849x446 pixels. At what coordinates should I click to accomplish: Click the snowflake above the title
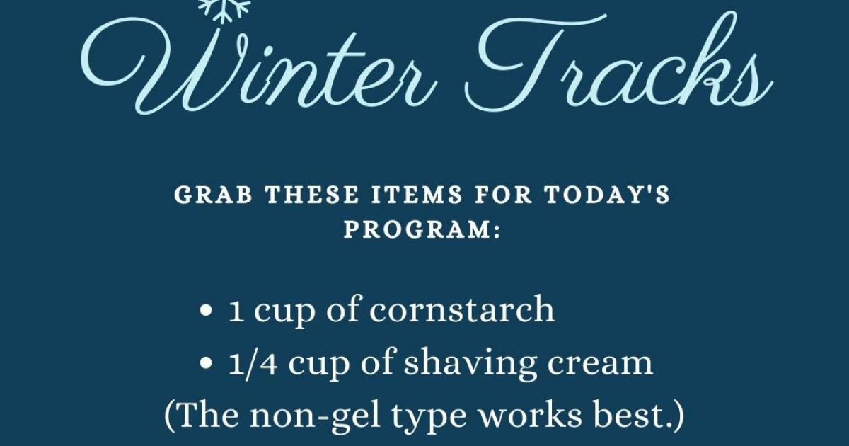tap(224, 9)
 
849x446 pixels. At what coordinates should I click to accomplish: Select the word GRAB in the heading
tap(214, 195)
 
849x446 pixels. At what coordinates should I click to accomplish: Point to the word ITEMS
tap(416, 195)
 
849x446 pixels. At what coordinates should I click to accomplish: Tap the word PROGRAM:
tap(422, 229)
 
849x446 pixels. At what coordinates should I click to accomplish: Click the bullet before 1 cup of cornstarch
tap(205, 311)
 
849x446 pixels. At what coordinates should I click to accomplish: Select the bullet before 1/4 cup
tap(205, 364)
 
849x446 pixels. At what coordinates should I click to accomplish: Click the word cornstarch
tap(462, 310)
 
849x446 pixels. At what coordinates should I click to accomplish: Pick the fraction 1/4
tap(253, 363)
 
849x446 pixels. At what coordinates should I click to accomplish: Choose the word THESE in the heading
tap(311, 195)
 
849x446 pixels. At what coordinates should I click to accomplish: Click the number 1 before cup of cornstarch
tap(236, 311)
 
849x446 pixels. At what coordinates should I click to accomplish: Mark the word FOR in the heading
tap(503, 195)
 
